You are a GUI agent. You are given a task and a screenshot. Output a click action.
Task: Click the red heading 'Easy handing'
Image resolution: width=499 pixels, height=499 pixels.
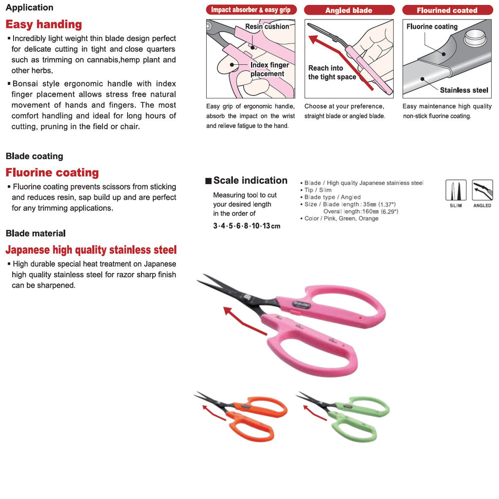(44, 24)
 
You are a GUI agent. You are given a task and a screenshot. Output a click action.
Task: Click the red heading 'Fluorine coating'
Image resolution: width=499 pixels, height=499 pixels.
(52, 173)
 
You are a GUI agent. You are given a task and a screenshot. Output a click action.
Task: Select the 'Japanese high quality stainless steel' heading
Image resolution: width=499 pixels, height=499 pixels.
(91, 250)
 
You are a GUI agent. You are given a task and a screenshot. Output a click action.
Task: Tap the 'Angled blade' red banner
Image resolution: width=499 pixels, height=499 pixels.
(349, 10)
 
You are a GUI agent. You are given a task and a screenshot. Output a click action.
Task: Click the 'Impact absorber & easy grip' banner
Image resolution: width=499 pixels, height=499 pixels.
(250, 10)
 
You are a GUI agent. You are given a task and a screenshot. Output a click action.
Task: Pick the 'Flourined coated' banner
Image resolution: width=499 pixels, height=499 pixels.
(447, 10)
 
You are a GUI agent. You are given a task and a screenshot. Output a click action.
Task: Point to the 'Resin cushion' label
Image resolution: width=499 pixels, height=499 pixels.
(267, 27)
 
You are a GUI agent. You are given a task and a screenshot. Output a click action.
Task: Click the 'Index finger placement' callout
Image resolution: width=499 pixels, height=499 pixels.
(269, 69)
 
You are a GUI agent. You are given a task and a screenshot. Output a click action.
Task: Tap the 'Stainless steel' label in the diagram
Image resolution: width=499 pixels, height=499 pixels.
(464, 90)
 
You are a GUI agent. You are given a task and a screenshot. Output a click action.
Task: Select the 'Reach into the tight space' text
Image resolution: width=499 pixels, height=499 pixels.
(331, 73)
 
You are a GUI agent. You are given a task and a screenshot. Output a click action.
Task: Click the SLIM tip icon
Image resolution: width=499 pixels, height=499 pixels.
(456, 190)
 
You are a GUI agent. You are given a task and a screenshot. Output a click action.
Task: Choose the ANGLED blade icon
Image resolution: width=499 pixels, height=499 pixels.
(482, 190)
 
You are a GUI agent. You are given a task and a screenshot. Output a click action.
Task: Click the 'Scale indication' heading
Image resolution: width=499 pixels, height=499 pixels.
(250, 180)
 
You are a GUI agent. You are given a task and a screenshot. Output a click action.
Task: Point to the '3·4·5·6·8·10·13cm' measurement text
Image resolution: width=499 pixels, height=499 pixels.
(247, 226)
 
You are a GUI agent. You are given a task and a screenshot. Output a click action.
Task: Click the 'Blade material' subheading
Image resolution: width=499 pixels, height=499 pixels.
(36, 233)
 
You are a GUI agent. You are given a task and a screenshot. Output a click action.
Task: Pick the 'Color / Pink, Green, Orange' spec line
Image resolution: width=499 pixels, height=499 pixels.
(341, 218)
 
